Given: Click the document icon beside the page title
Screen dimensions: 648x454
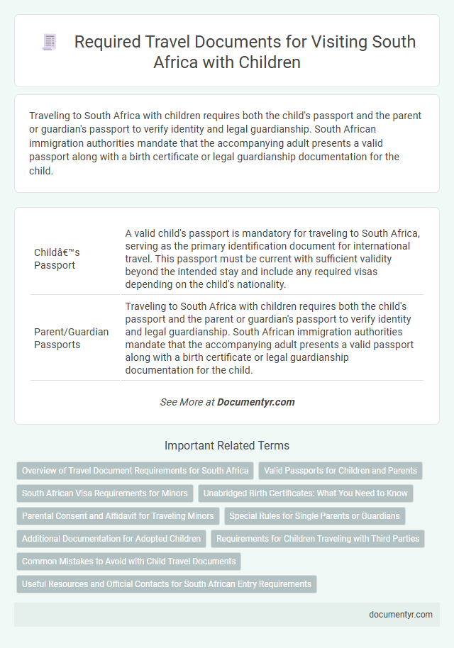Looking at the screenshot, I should coord(49,43).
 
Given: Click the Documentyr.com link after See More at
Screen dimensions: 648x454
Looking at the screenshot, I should coord(255,401).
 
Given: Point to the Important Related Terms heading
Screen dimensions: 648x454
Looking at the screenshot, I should coord(227,446).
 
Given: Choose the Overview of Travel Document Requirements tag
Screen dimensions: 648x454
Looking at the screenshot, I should coord(135,470).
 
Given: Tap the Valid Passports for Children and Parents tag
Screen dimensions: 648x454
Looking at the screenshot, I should coord(340,470).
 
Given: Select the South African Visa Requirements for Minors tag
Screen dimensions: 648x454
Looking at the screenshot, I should coord(105,493).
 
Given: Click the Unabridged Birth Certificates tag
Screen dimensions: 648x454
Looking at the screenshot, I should coord(306,493).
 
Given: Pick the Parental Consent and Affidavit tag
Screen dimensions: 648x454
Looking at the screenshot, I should coord(117,515).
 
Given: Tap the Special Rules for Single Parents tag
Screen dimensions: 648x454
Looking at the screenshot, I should coord(315,515).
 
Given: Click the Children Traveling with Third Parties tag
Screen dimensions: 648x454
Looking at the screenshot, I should coord(318,538).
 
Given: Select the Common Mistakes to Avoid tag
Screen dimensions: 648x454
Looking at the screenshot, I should coord(129,561).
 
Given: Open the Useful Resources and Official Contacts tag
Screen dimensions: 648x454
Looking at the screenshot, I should coord(167,583).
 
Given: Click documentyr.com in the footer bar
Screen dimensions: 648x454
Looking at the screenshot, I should coord(401,615).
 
